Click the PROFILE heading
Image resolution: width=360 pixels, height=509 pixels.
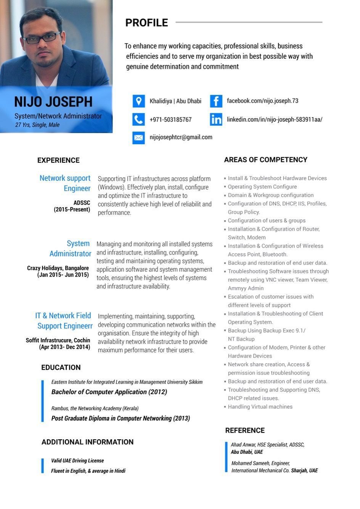point(146,23)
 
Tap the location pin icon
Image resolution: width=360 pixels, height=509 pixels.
point(139,101)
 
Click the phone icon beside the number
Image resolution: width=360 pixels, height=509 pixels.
point(139,119)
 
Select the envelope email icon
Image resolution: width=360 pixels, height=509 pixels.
point(139,137)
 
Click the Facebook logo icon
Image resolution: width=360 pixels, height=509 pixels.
point(216,101)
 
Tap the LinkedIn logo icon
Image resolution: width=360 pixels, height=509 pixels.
point(216,119)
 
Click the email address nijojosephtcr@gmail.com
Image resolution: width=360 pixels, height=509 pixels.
point(181,137)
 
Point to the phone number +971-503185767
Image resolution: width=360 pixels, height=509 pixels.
point(170,120)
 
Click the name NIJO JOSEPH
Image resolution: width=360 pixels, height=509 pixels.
point(53,102)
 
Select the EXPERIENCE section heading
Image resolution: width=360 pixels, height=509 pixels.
point(58,160)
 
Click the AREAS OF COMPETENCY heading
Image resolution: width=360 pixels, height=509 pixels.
point(265,160)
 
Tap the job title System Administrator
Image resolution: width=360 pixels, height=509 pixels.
point(71,248)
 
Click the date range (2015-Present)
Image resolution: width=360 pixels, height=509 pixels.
point(72,209)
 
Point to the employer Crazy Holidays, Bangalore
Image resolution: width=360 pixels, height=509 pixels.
point(58,268)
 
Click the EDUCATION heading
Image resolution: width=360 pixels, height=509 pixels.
point(61,367)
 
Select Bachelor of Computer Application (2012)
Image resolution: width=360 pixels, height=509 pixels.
point(109,392)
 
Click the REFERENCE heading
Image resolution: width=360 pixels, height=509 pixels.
point(245,430)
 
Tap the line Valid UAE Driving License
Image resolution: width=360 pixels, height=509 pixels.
point(77,461)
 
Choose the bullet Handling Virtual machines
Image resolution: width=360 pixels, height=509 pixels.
point(260,407)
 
